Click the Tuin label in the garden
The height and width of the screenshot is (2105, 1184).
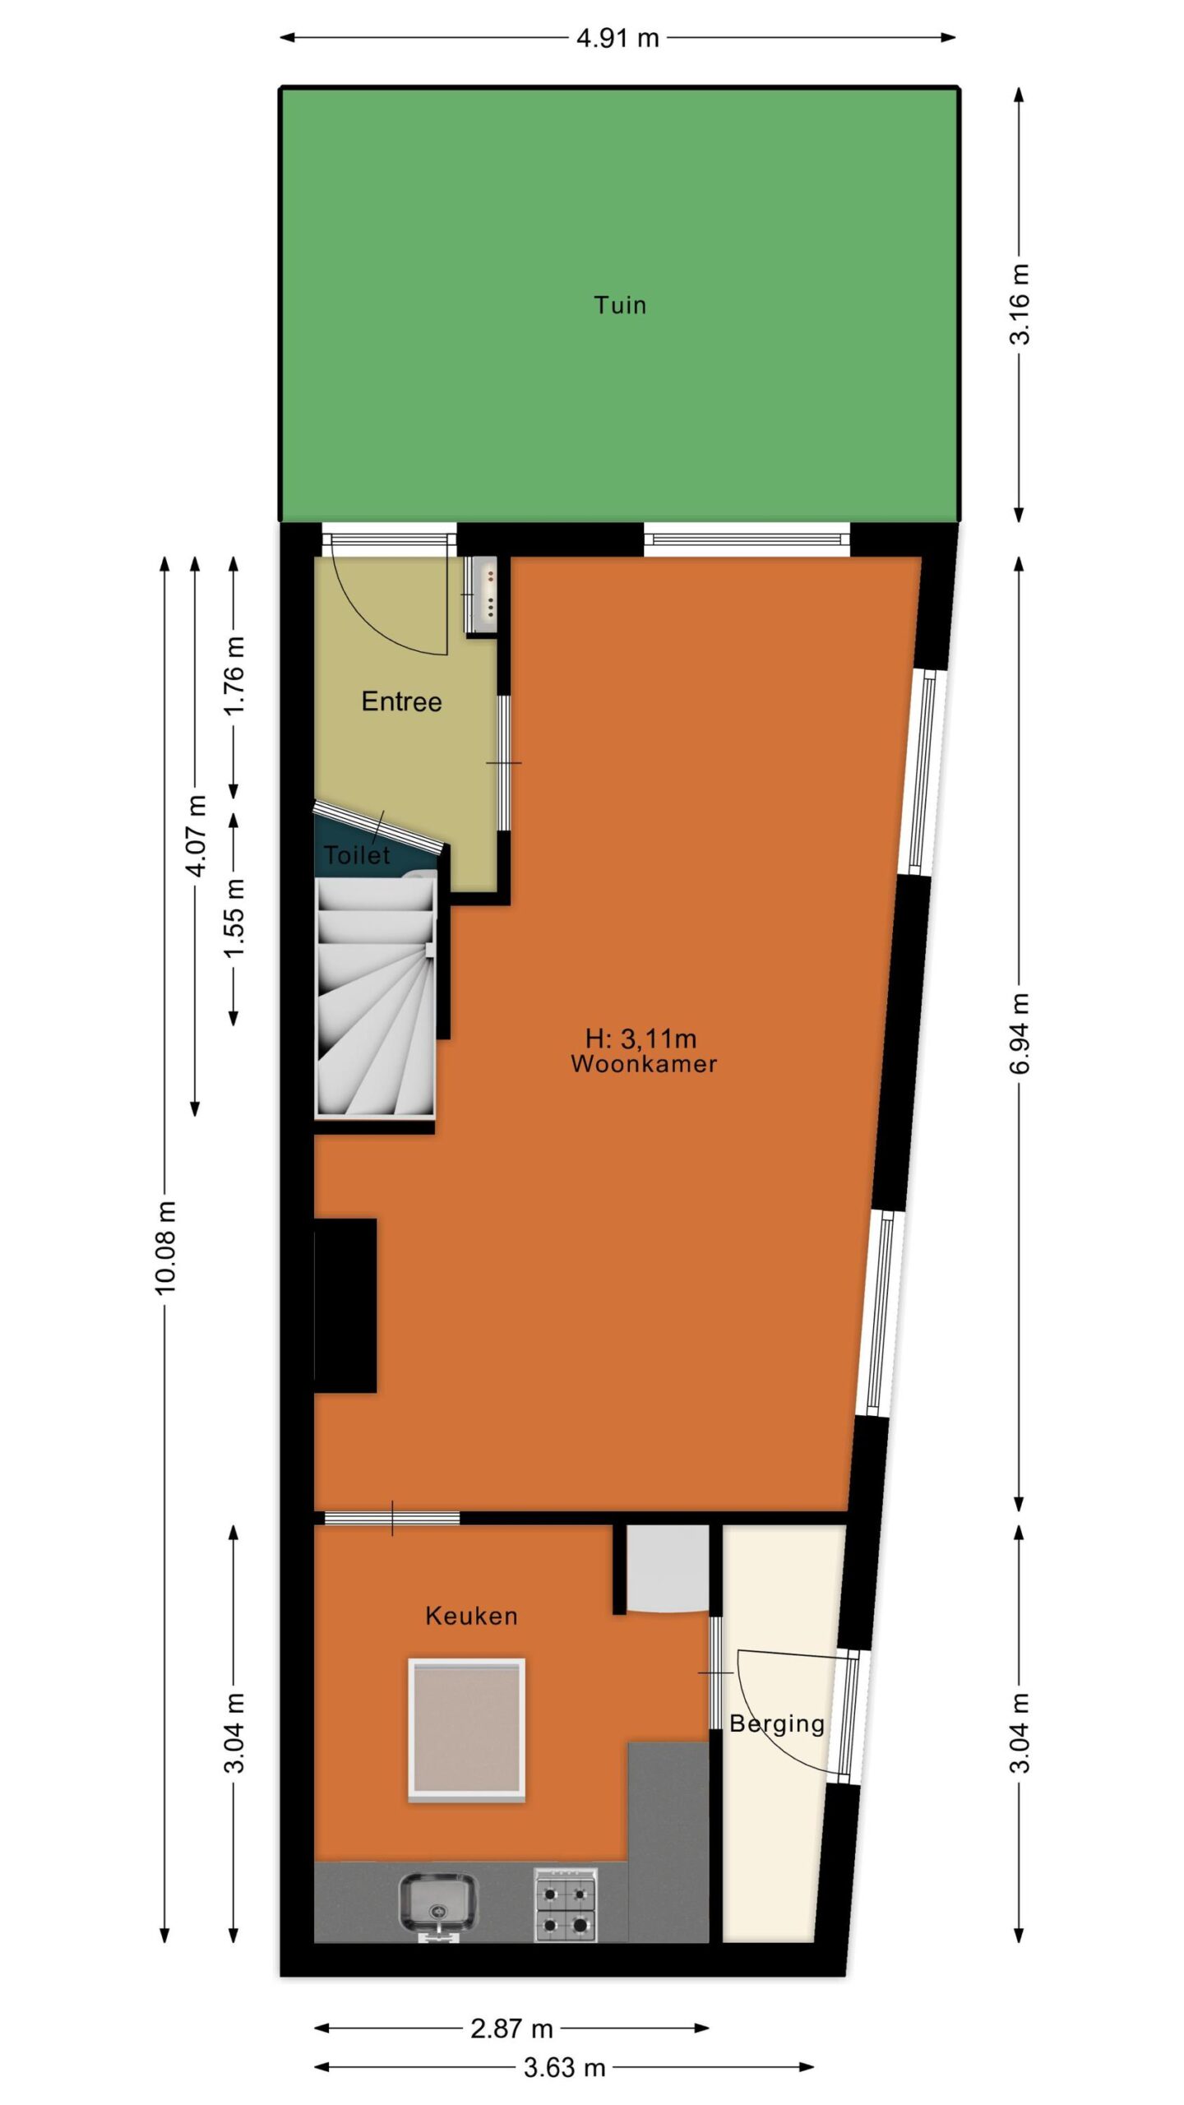pyautogui.click(x=620, y=305)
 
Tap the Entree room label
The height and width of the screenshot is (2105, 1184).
pyautogui.click(x=401, y=701)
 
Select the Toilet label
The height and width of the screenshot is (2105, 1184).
pyautogui.click(x=357, y=855)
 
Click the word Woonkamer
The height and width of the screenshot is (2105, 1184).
pyautogui.click(x=644, y=1064)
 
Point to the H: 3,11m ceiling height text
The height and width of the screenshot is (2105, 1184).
pyautogui.click(x=641, y=1039)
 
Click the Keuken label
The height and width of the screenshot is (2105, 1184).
pyautogui.click(x=471, y=1616)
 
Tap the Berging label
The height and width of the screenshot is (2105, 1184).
pyautogui.click(x=777, y=1723)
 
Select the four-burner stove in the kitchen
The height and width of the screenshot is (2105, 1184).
pyautogui.click(x=566, y=1903)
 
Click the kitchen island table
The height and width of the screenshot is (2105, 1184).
pyautogui.click(x=466, y=1730)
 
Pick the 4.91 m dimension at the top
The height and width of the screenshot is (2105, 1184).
pyautogui.click(x=617, y=38)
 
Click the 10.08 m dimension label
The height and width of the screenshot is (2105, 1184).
pyautogui.click(x=165, y=1247)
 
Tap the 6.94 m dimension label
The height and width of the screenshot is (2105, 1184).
pyautogui.click(x=1020, y=1034)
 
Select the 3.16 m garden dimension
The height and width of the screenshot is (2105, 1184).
pyautogui.click(x=1020, y=303)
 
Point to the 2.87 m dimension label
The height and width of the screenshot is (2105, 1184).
pyautogui.click(x=511, y=2029)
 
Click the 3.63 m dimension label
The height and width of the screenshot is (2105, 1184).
pyautogui.click(x=565, y=2067)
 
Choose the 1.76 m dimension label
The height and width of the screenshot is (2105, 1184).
pyautogui.click(x=234, y=676)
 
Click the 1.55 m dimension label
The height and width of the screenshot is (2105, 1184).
pyautogui.click(x=234, y=918)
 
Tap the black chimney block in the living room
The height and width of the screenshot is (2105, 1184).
pyautogui.click(x=345, y=1306)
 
